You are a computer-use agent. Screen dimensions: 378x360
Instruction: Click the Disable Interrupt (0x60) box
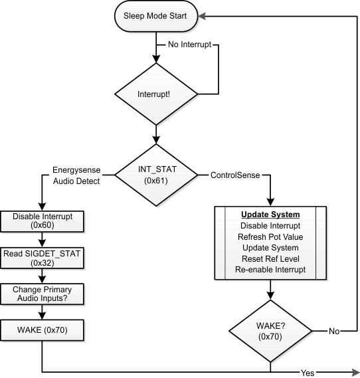point(42,221)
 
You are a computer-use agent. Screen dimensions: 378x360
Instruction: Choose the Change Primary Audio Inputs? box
point(42,294)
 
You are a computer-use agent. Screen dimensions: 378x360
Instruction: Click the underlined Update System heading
point(270,215)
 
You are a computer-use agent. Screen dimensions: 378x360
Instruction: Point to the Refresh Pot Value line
point(270,236)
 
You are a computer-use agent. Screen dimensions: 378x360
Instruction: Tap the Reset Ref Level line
point(270,258)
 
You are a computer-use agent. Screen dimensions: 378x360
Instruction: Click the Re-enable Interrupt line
point(270,270)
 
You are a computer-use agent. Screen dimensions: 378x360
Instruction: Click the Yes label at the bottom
point(307,372)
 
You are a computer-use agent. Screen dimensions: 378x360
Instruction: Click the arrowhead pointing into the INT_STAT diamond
point(155,140)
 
